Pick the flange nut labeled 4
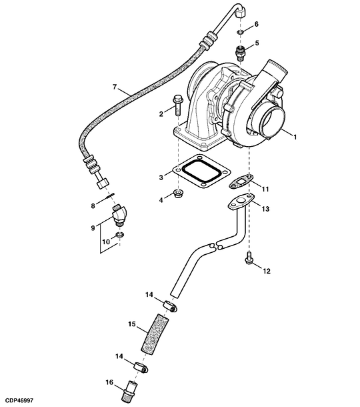pos(179,195)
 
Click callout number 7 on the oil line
pos(115,87)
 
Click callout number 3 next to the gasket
pos(161,177)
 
